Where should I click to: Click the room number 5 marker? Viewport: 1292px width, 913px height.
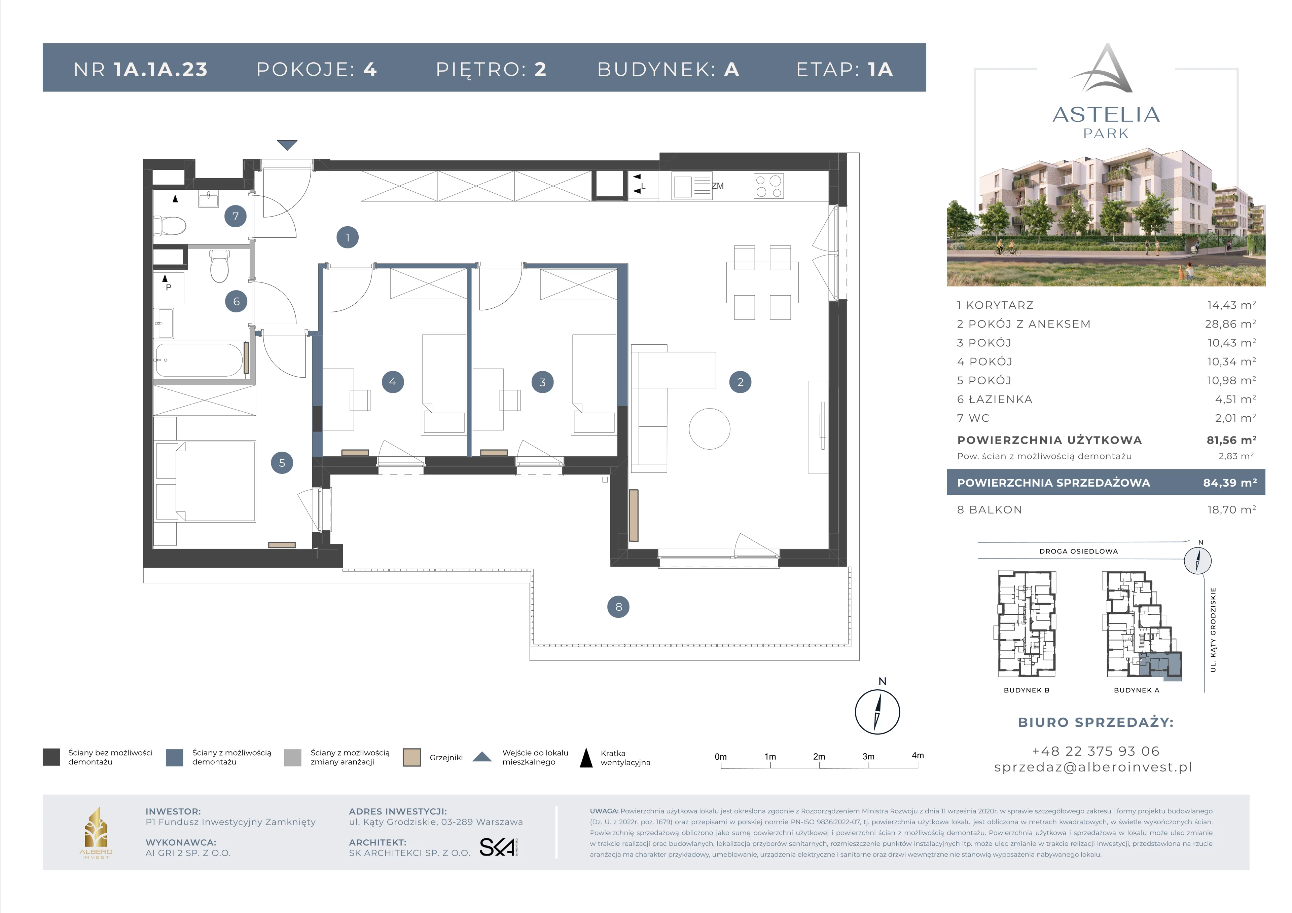point(282,463)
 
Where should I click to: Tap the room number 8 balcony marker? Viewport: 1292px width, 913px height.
point(618,606)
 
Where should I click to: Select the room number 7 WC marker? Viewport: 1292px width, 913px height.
point(235,216)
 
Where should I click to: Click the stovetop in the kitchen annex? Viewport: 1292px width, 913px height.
point(769,186)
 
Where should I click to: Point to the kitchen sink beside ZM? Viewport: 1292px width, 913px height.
point(691,187)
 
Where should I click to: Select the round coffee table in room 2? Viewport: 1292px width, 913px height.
point(710,429)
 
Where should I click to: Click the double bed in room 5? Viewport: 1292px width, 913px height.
point(216,481)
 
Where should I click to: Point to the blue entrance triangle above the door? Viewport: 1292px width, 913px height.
point(287,145)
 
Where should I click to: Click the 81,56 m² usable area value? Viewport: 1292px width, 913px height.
point(1231,440)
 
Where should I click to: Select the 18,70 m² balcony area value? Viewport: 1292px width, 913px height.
point(1231,510)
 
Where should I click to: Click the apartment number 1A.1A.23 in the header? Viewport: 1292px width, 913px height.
point(161,69)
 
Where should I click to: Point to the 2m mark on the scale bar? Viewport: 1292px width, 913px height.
point(819,757)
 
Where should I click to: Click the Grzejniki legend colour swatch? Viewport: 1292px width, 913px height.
point(412,757)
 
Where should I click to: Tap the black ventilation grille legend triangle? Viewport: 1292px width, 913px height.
point(586,757)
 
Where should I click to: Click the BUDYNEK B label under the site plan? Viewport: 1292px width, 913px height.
point(1027,690)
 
